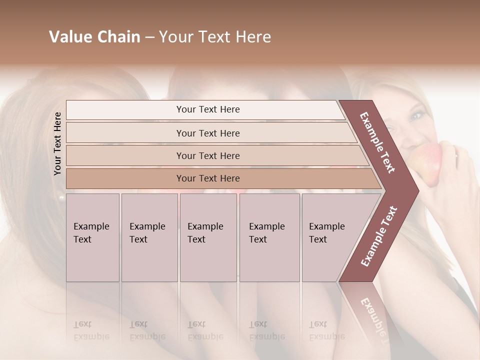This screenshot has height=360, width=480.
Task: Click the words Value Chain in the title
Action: [94, 37]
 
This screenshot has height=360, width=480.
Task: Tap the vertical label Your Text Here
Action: [58, 143]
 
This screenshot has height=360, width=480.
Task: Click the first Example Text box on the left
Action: [92, 237]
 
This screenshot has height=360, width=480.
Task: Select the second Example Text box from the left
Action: [149, 237]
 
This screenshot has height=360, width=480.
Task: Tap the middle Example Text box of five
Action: [208, 237]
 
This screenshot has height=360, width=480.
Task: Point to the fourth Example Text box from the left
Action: [269, 237]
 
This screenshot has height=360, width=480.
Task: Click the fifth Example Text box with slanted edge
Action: [332, 237]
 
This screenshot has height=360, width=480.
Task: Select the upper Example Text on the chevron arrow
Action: [377, 142]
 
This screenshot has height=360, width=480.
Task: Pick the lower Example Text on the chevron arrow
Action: [379, 236]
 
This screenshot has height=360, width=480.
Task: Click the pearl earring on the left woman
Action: [61, 198]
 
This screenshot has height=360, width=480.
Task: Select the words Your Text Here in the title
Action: [215, 37]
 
